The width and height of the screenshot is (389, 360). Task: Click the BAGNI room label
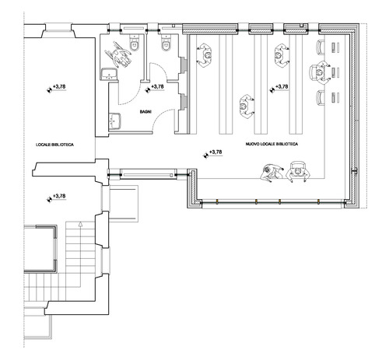coord(145,112)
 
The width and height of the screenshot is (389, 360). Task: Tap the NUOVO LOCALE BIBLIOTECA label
coord(272,144)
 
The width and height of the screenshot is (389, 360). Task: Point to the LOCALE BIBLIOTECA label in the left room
coord(54,145)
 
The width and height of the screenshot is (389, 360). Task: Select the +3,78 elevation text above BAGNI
coord(157,86)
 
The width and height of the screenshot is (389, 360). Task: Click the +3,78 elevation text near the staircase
coord(59,196)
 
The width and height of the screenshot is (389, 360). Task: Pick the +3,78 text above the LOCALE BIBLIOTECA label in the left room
coord(59,86)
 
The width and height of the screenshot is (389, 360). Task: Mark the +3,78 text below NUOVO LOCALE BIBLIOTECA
coord(216,152)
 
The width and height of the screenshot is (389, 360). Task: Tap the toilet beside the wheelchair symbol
coord(135,42)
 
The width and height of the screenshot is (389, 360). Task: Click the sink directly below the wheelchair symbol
coord(109,74)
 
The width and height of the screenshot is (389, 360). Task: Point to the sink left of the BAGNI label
coord(114,121)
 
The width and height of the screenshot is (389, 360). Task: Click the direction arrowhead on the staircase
coord(80,224)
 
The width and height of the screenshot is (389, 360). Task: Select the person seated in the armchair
coord(298,172)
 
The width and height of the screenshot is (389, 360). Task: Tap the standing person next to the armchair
coord(271,172)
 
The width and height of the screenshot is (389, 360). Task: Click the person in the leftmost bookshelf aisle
coord(205,55)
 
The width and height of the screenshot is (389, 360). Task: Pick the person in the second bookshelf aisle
coord(247,107)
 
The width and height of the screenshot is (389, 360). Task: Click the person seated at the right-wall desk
coord(321,72)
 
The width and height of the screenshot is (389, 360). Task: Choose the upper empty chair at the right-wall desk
coord(321,47)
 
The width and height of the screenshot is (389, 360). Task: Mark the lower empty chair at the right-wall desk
coord(321,97)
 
